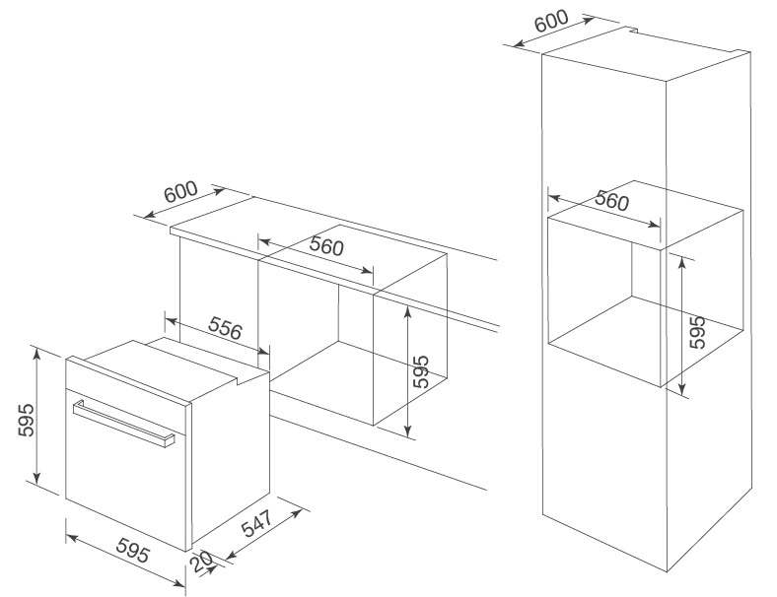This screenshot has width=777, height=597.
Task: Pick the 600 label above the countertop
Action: pos(181,192)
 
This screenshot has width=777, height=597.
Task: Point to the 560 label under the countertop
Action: pos(325,246)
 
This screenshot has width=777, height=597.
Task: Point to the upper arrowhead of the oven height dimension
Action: pos(35,351)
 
